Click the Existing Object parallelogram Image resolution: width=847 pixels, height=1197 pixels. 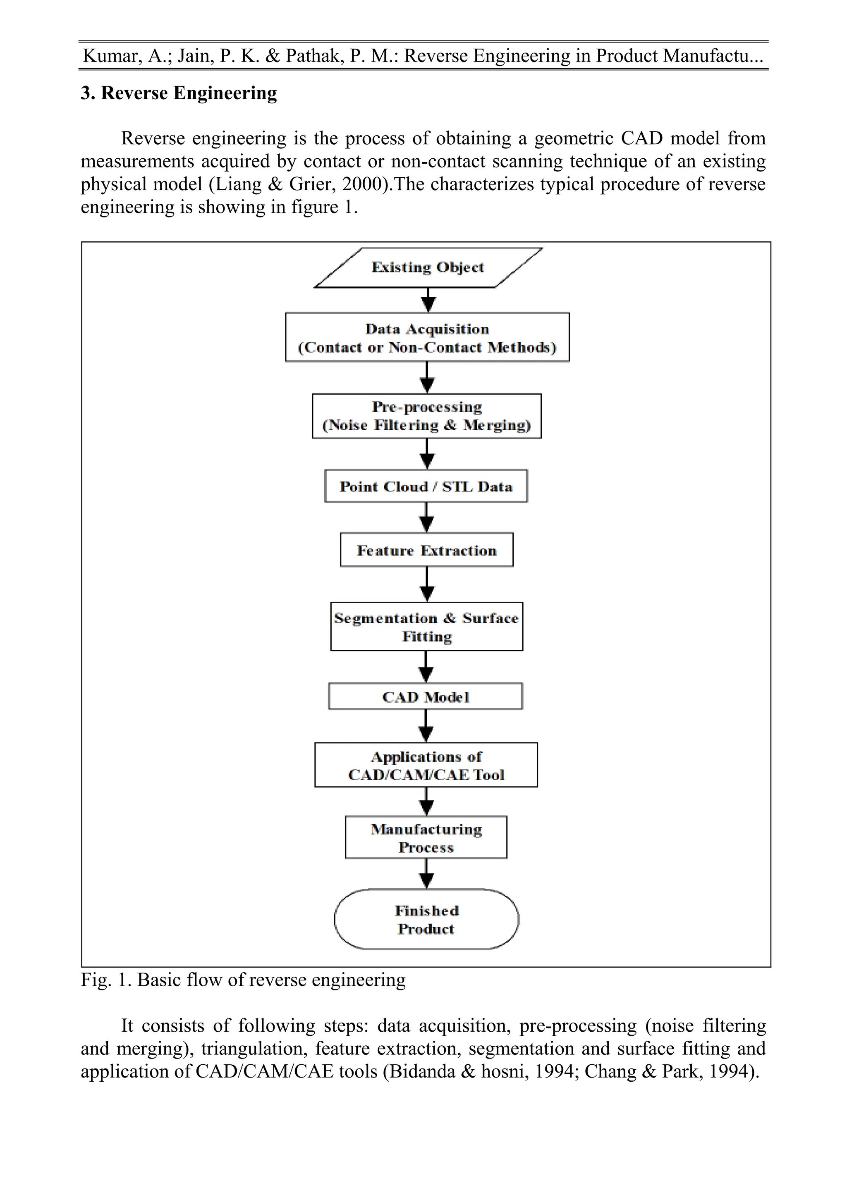pyautogui.click(x=428, y=267)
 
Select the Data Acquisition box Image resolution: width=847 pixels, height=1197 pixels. pyautogui.click(x=427, y=337)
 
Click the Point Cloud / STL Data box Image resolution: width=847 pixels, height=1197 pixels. pyautogui.click(x=426, y=486)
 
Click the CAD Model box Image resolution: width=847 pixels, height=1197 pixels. pyautogui.click(x=426, y=696)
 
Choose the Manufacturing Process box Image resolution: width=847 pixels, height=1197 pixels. pyautogui.click(x=426, y=837)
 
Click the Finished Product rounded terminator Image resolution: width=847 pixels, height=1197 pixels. pyautogui.click(x=426, y=919)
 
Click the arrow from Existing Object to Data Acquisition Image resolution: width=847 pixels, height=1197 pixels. pyautogui.click(x=428, y=300)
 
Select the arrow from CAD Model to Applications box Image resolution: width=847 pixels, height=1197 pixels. pyautogui.click(x=426, y=726)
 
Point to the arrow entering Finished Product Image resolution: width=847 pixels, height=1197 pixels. pyautogui.click(x=427, y=874)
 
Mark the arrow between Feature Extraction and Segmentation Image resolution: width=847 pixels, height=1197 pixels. pyautogui.click(x=427, y=584)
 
